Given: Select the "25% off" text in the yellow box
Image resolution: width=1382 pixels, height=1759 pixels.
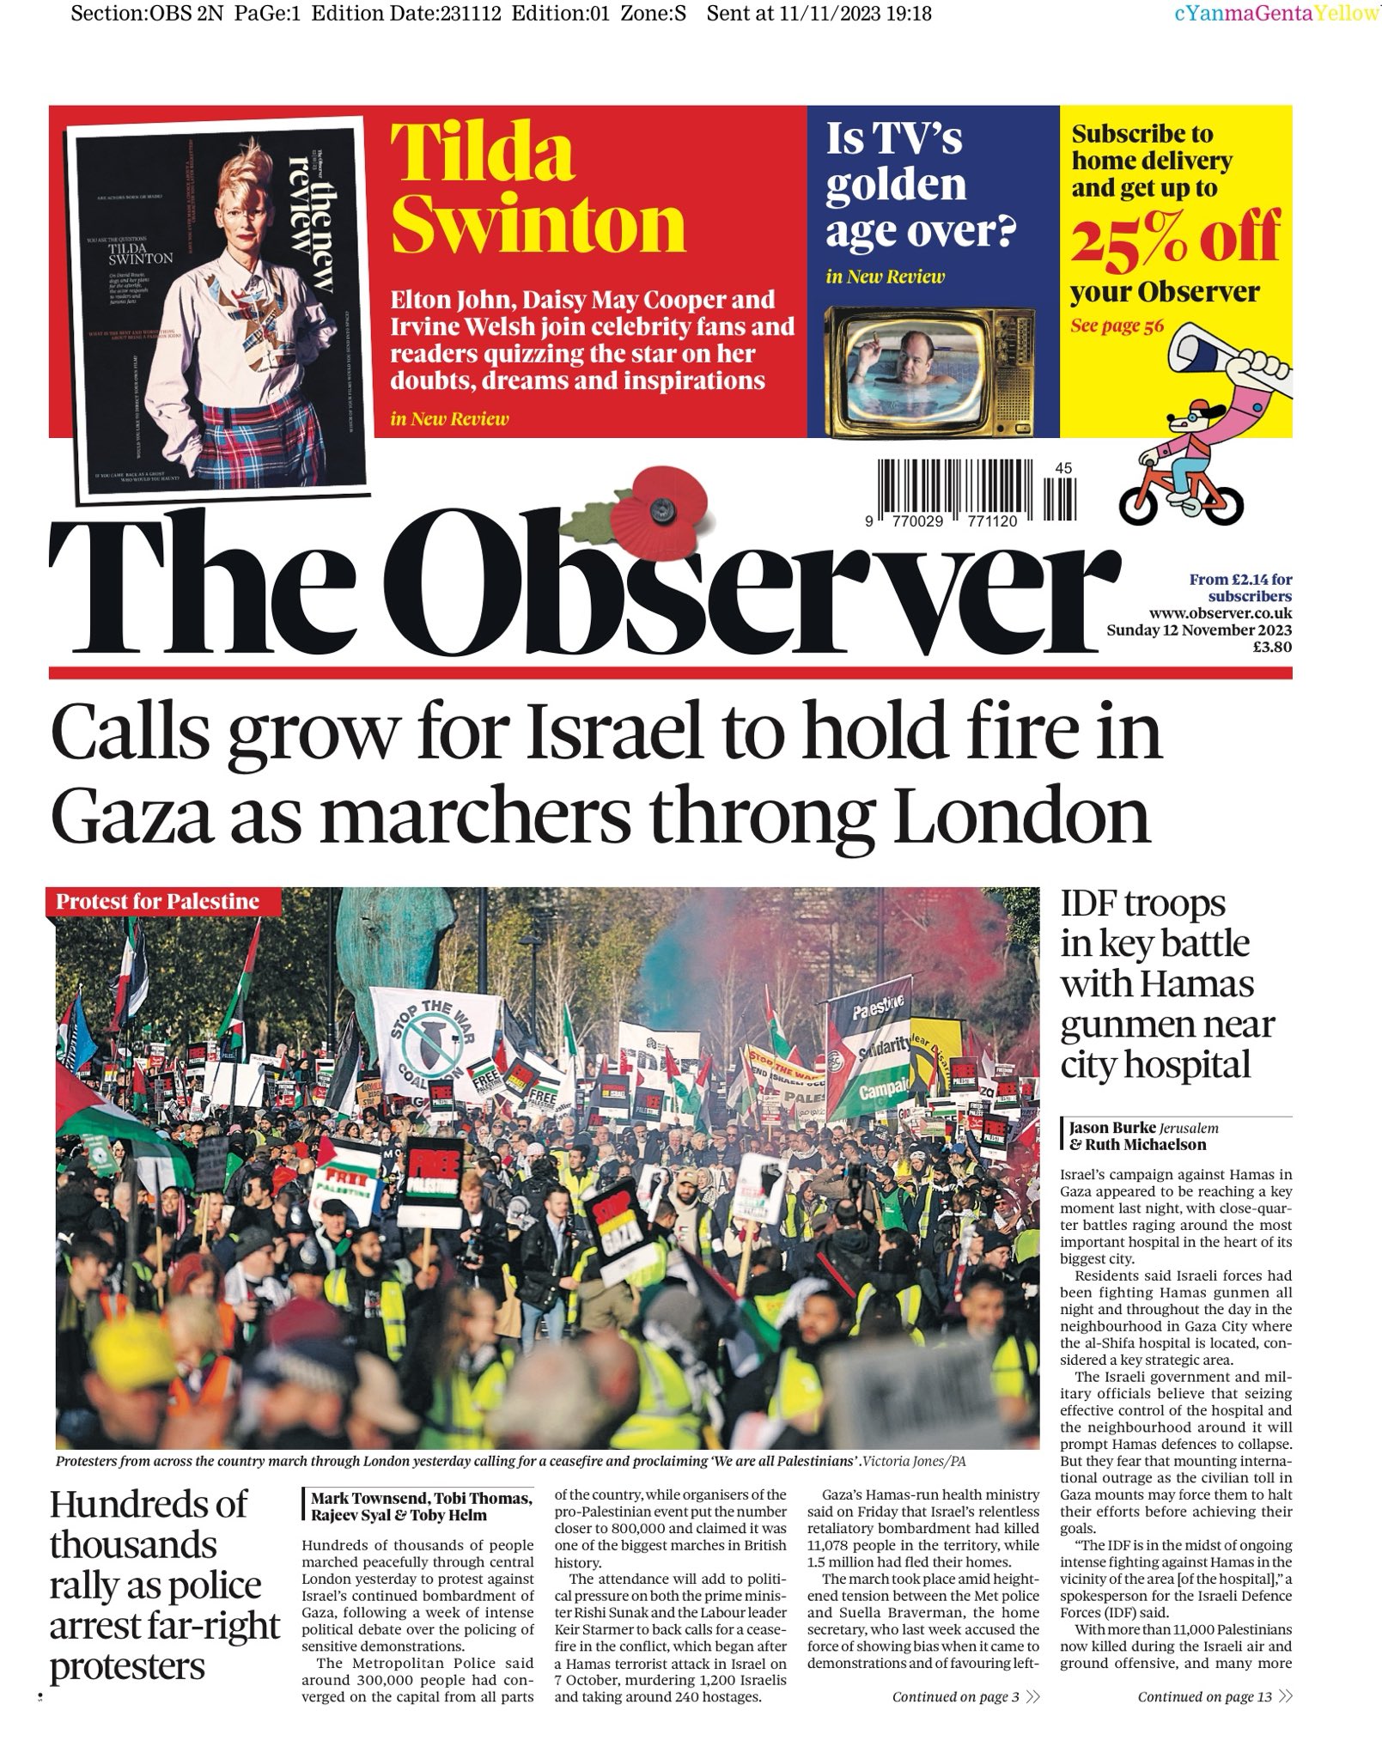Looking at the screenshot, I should coord(1175,240).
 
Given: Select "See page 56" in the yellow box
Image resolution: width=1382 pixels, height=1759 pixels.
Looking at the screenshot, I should coord(1117,326).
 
